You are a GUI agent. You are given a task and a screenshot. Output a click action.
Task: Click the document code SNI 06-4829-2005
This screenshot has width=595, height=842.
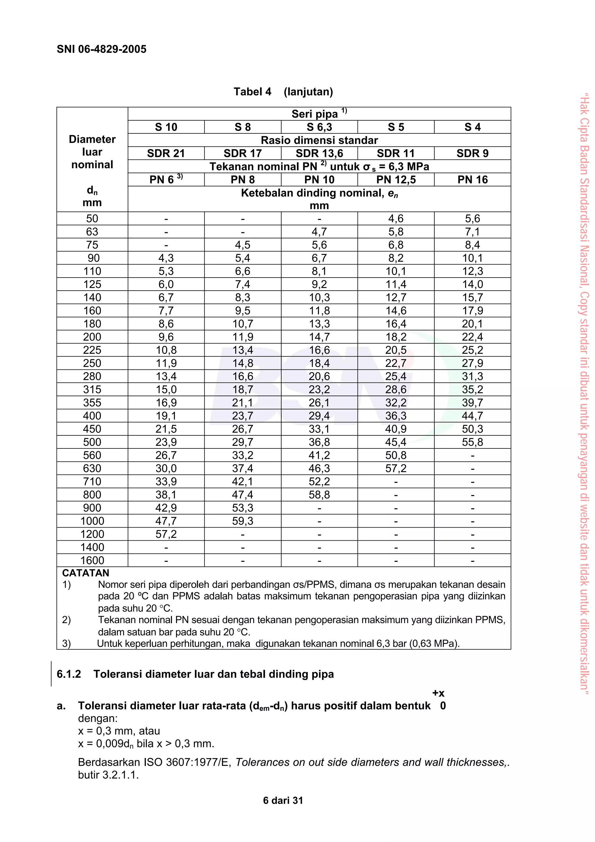(102, 49)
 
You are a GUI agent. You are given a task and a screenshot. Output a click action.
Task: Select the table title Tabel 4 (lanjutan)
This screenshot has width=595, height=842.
(283, 92)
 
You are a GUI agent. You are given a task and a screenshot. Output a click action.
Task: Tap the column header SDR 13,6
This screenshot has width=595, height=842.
(319, 153)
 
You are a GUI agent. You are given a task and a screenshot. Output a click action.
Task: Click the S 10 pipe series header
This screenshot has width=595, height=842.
(166, 127)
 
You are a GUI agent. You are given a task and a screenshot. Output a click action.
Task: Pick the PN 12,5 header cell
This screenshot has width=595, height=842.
(396, 180)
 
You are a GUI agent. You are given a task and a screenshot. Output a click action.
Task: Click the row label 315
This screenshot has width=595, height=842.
(92, 389)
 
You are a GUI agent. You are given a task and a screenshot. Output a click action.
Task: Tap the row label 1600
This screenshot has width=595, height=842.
(92, 560)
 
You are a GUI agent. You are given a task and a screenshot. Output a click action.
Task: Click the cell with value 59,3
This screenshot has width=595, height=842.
(242, 521)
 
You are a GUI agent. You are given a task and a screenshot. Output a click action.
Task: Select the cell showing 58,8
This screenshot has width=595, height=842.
(319, 495)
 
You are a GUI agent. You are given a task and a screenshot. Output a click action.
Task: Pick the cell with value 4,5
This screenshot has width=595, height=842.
(242, 245)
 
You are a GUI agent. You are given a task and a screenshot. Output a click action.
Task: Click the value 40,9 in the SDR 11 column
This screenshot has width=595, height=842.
(396, 429)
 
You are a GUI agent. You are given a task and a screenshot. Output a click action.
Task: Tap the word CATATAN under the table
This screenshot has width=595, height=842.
(85, 573)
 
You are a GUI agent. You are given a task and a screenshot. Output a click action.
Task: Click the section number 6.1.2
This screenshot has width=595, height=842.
(69, 674)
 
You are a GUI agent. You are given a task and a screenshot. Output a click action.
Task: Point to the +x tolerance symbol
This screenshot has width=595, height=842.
(438, 693)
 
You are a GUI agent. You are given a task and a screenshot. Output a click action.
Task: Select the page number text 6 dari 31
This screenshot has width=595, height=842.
(283, 800)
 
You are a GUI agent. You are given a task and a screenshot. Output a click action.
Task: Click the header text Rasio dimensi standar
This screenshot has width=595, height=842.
(319, 140)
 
